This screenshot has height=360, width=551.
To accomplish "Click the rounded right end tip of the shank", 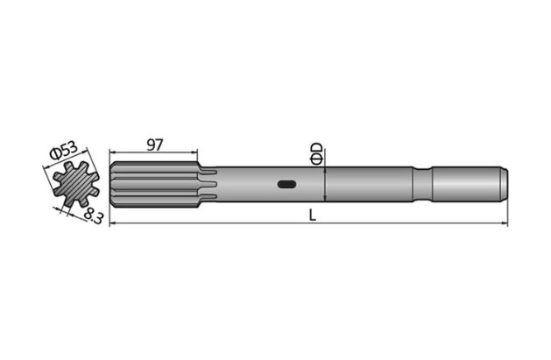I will click(x=504, y=185).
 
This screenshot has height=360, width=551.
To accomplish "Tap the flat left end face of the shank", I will click(x=112, y=185).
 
